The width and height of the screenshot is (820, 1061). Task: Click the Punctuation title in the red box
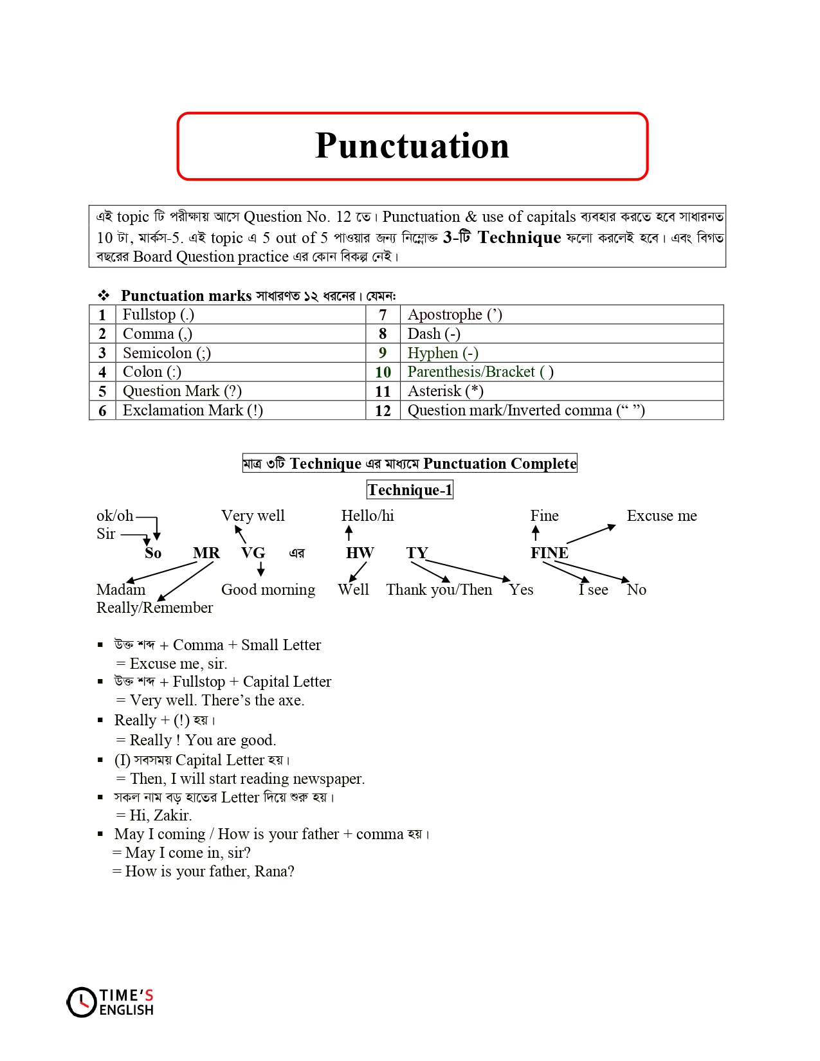(x=412, y=146)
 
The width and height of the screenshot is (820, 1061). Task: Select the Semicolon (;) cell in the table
(x=167, y=353)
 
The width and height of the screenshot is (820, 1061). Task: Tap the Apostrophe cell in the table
(x=455, y=314)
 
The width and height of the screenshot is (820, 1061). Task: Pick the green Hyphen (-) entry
(x=442, y=353)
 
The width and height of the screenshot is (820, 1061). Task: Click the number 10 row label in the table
(x=383, y=372)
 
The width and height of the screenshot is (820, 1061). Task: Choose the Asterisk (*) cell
(x=445, y=391)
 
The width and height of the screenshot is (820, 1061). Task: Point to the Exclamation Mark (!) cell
(x=192, y=410)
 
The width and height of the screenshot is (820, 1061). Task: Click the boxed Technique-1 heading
(x=410, y=490)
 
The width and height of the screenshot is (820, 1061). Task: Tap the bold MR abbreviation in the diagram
(x=206, y=553)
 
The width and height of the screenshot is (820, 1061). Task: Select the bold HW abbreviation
(x=360, y=553)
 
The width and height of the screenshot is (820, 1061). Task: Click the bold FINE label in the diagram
(x=549, y=553)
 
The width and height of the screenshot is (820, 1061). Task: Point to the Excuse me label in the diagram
(x=661, y=516)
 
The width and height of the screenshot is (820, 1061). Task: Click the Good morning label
(x=268, y=590)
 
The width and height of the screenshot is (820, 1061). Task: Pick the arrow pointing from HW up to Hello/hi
(x=349, y=533)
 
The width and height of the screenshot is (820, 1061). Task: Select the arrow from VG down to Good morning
(x=260, y=568)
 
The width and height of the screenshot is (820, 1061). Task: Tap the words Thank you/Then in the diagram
(x=439, y=590)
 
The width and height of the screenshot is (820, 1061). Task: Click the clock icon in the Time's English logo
(x=82, y=1002)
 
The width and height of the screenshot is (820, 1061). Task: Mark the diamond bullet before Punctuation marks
(x=104, y=296)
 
